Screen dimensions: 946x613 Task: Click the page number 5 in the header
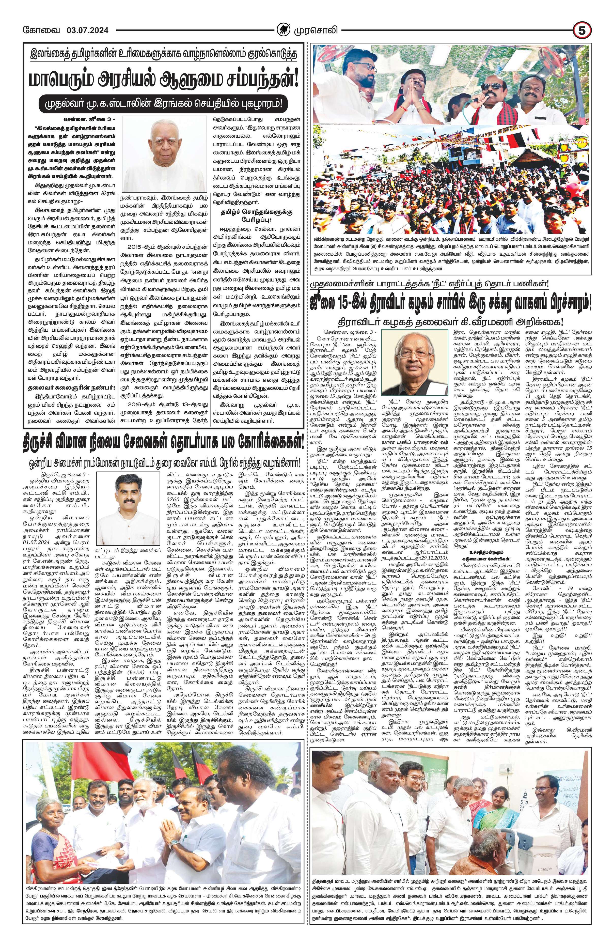coord(581,30)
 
